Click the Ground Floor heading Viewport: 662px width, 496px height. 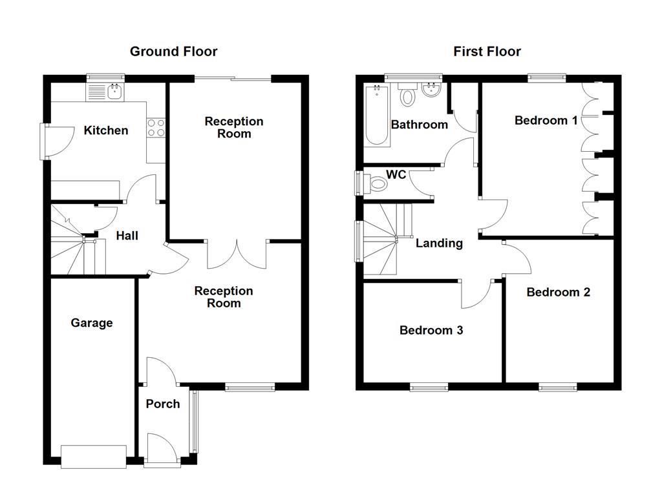pyautogui.click(x=173, y=52)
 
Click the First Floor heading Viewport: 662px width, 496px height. pyautogui.click(x=487, y=52)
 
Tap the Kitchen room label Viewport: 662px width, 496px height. pyautogui.click(x=106, y=130)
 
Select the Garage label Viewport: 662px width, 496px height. pyautogui.click(x=92, y=323)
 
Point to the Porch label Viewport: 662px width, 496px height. pyautogui.click(x=163, y=404)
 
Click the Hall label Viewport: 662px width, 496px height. pyautogui.click(x=127, y=236)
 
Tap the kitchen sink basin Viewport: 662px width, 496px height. pyautogui.click(x=115, y=92)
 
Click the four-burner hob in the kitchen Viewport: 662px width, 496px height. pyautogui.click(x=156, y=127)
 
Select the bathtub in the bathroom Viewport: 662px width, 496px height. pyautogui.click(x=377, y=115)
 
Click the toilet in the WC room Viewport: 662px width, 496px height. pyautogui.click(x=378, y=184)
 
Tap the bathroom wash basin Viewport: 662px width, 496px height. pyautogui.click(x=431, y=90)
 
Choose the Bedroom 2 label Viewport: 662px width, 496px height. pyautogui.click(x=558, y=293)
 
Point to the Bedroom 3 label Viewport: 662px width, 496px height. pyautogui.click(x=431, y=330)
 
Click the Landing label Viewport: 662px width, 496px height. pyautogui.click(x=439, y=243)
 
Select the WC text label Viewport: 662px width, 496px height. pyautogui.click(x=396, y=174)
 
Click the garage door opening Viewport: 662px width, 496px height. pyautogui.click(x=93, y=457)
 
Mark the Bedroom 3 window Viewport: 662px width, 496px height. pyautogui.click(x=429, y=387)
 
